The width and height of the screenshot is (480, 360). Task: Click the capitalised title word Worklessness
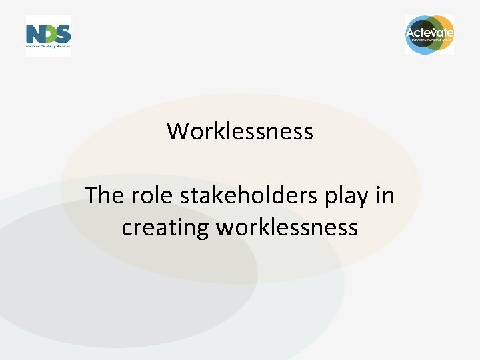240,131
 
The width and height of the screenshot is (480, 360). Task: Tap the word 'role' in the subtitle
150,196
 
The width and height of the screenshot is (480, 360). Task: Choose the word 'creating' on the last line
165,228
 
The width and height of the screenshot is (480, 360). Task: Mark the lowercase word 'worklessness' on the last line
287,227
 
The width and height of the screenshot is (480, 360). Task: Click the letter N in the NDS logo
33,34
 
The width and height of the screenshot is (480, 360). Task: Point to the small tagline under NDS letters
48,47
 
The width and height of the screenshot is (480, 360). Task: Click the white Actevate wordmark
430,32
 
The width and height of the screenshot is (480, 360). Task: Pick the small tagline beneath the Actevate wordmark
430,40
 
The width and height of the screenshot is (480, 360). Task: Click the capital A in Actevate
411,32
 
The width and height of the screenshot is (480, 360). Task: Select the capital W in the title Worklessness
177,131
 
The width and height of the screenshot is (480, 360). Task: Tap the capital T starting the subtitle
92,196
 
